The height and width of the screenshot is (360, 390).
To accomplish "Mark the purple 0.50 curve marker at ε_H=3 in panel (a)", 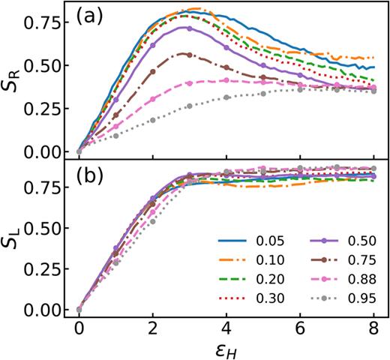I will pyautogui.click(x=189, y=28).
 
